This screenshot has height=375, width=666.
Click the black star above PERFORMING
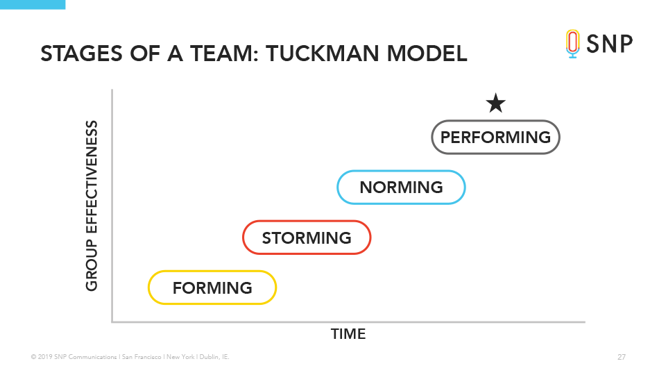click(495, 103)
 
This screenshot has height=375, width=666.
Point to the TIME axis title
click(348, 334)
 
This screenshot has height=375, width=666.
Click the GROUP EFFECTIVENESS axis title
click(92, 206)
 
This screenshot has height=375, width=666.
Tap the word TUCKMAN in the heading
click(323, 53)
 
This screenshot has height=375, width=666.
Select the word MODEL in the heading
click(427, 53)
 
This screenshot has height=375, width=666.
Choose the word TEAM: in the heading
click(225, 53)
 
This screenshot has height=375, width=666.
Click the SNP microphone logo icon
click(572, 44)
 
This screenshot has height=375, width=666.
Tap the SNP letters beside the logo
click(610, 44)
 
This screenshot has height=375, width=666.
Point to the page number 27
click(622, 357)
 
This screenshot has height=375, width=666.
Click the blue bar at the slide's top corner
click(33, 5)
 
